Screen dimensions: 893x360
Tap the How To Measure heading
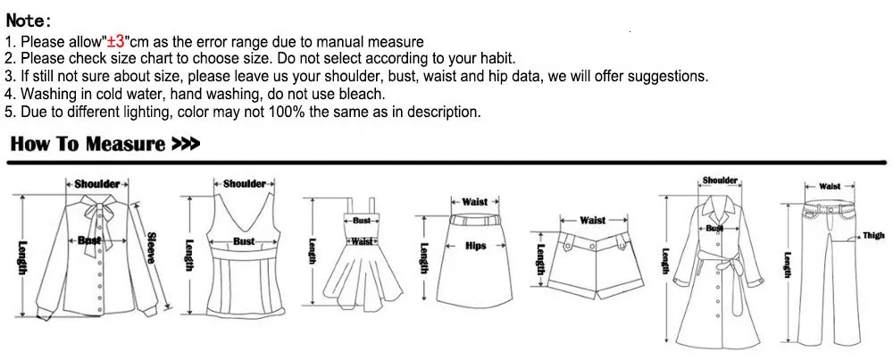tap(88, 144)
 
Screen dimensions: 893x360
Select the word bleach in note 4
tap(365, 94)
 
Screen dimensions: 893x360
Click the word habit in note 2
tap(498, 59)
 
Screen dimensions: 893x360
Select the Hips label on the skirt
tap(476, 246)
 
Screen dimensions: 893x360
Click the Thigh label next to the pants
tap(873, 235)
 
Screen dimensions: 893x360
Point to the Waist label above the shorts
tap(593, 220)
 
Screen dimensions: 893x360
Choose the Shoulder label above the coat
tap(720, 180)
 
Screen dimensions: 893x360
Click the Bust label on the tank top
tap(244, 241)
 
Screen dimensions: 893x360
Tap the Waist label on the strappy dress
tap(361, 241)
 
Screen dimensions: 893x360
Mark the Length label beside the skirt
tap(423, 258)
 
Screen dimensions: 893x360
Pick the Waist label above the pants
tap(830, 187)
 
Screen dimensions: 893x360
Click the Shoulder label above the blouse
tap(97, 184)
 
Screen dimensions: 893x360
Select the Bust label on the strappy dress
tap(362, 221)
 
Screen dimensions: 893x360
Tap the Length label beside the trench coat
tap(664, 261)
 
